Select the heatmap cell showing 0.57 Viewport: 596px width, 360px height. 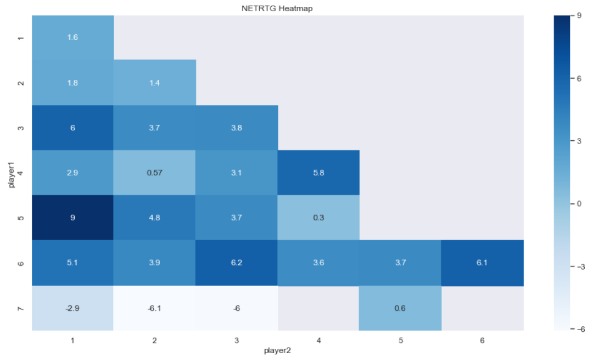(x=154, y=173)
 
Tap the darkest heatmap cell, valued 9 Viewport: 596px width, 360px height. (x=72, y=218)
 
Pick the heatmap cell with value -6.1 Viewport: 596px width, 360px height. (x=154, y=308)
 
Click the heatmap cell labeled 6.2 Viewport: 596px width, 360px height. (x=236, y=263)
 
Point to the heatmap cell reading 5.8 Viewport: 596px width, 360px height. (x=318, y=173)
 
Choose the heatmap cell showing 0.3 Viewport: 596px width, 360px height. (x=318, y=218)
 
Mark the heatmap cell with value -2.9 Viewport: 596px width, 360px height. (x=72, y=308)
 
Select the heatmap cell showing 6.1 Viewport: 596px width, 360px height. (x=482, y=263)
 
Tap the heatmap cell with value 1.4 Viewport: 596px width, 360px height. (x=154, y=82)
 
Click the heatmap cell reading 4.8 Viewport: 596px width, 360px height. (x=154, y=218)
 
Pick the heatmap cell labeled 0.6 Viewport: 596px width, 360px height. (x=400, y=308)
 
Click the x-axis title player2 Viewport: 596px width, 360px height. (x=277, y=351)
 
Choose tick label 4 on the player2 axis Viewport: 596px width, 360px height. (x=318, y=340)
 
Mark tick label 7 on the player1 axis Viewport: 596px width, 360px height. (x=21, y=308)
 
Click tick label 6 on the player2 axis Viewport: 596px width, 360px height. (x=482, y=340)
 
